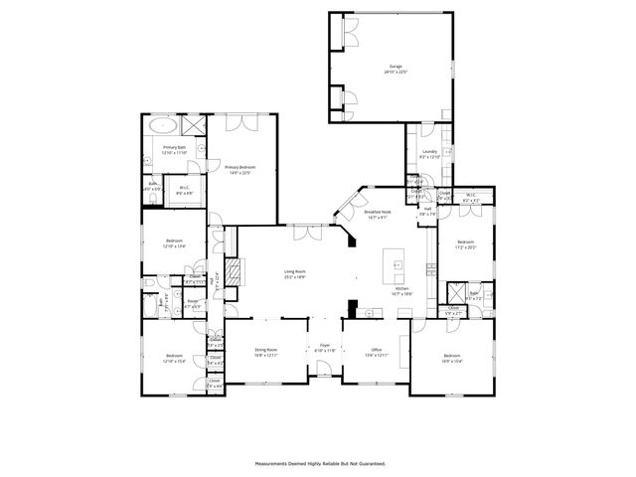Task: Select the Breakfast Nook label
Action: point(378,215)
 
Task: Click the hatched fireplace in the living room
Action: point(235,272)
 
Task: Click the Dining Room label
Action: point(265,352)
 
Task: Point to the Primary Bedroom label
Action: point(241,170)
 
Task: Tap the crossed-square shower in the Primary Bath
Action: point(193,126)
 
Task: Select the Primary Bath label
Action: point(175,150)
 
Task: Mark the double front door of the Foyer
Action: point(324,375)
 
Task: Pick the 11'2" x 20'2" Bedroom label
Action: point(466,244)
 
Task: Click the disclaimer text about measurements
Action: point(318,462)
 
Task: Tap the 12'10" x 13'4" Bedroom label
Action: point(174,243)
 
